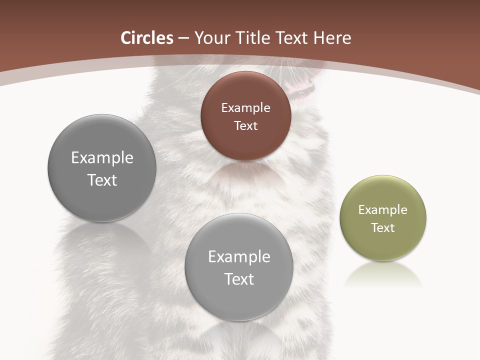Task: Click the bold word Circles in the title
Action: (147, 38)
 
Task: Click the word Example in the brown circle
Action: (245, 108)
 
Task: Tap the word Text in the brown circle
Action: (245, 125)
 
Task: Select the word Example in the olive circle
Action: (383, 210)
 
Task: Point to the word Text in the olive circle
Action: (383, 228)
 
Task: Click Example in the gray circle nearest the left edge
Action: (102, 158)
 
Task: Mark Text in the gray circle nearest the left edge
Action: (102, 180)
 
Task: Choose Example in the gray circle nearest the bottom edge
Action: (239, 257)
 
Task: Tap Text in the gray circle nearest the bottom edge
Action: (239, 279)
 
